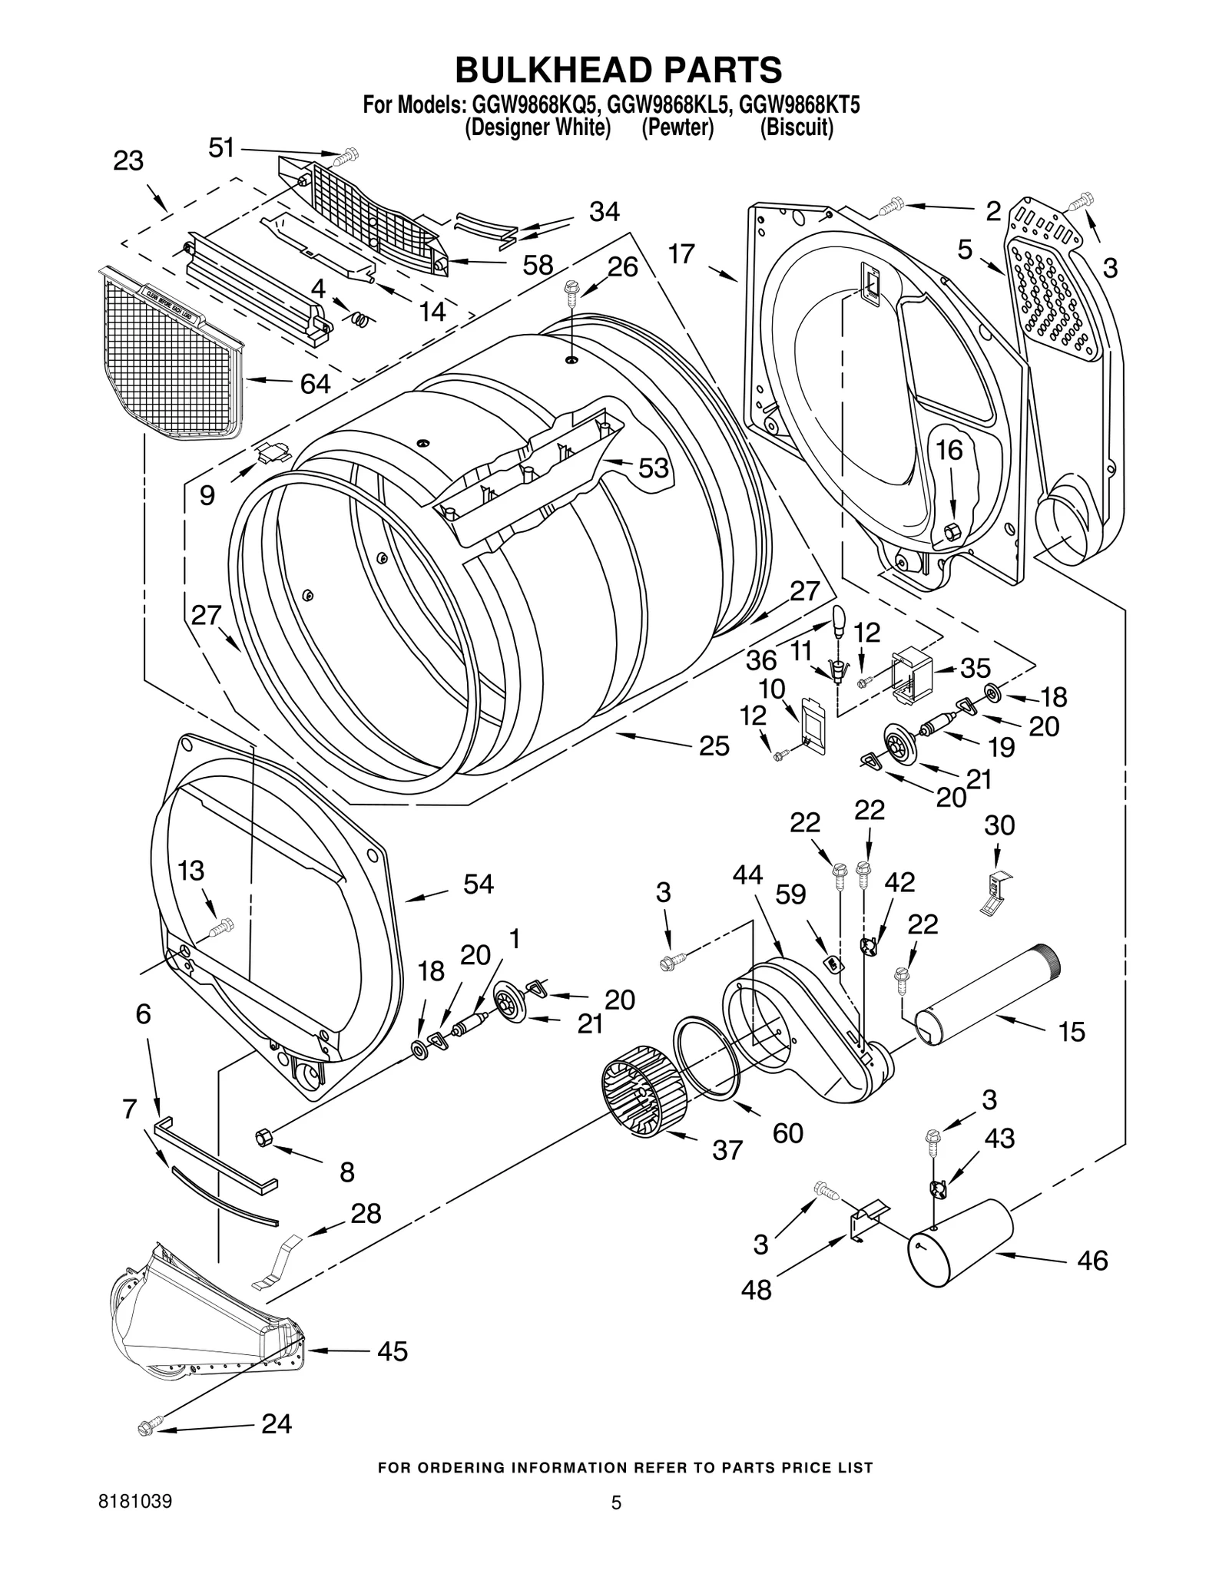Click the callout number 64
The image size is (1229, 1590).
click(315, 384)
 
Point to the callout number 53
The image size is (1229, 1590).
click(654, 468)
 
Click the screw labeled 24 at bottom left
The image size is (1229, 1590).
click(147, 1428)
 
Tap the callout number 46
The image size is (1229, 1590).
click(1092, 1260)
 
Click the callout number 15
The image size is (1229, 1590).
click(1071, 1032)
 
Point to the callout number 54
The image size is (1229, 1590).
click(478, 884)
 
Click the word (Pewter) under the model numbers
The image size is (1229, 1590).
click(677, 127)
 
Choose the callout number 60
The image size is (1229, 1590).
click(787, 1132)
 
